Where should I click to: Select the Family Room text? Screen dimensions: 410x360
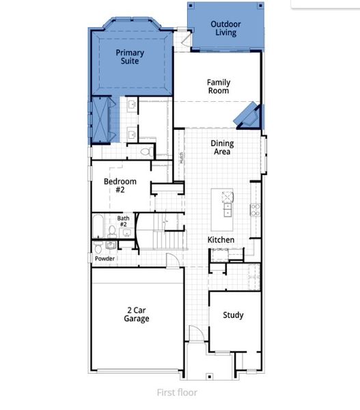218,86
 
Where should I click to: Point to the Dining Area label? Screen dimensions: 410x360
220,147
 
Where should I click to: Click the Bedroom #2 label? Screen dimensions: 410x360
120,186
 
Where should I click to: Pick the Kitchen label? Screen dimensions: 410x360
221,240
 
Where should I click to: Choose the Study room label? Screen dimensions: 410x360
233,315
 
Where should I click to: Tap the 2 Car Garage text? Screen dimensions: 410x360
136,314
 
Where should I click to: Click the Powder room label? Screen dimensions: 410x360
104,259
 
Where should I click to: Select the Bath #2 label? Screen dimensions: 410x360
123,221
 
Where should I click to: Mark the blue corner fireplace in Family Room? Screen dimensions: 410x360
247,115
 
